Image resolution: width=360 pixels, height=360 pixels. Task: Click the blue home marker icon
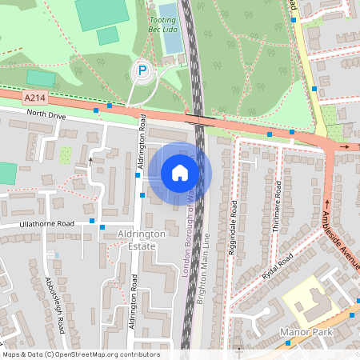180,172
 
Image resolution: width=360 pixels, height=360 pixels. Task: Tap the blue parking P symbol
142,72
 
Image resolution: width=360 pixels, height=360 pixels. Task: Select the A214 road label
34,98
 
